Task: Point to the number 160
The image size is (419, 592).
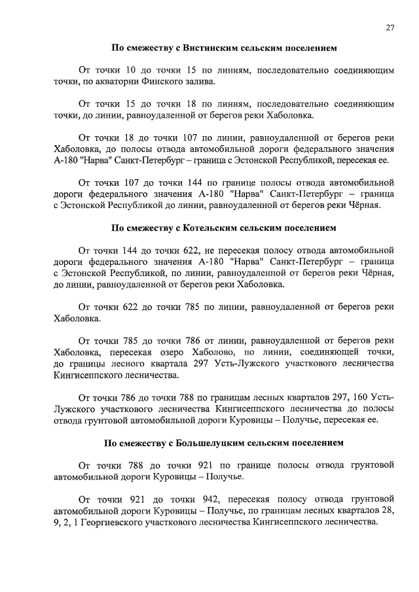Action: (361, 397)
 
